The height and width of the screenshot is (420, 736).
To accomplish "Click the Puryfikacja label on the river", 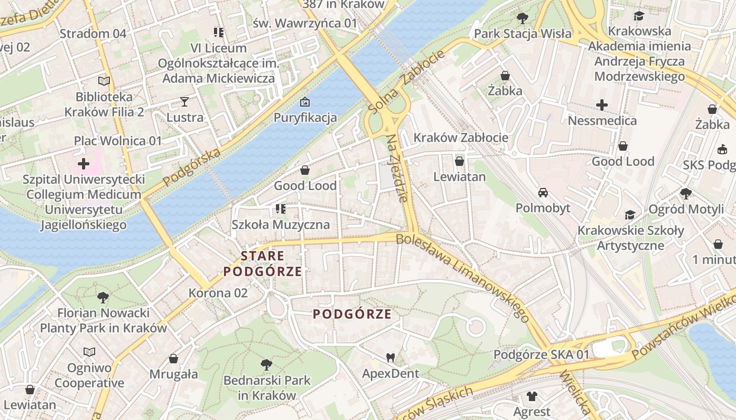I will click(305, 117).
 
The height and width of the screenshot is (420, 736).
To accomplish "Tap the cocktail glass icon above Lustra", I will click(185, 101).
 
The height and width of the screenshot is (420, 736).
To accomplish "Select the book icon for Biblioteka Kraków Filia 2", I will click(104, 81).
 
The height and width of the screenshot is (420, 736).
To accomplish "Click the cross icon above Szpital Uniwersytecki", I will click(84, 164).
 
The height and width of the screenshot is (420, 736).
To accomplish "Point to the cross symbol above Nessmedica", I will click(602, 105).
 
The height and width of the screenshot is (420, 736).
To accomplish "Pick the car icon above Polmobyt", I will click(543, 193).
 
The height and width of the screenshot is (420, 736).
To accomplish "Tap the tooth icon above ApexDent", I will click(390, 358).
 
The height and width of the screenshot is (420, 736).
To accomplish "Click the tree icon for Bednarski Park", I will click(267, 364).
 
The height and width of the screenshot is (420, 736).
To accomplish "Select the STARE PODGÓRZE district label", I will click(262, 264).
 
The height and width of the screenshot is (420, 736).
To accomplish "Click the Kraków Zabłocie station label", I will click(461, 138).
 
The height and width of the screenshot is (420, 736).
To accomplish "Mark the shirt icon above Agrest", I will click(532, 396).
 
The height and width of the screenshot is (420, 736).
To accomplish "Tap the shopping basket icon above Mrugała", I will click(173, 359).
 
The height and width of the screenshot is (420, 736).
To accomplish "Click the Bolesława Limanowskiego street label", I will click(463, 277).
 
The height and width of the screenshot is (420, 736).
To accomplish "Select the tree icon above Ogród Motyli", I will click(686, 194).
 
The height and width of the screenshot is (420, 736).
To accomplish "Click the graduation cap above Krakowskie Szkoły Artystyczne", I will click(630, 215).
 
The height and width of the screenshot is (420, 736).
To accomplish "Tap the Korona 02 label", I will click(218, 293).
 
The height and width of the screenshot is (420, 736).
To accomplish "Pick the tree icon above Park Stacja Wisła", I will click(522, 19).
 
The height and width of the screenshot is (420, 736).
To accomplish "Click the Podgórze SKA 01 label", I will click(541, 354).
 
